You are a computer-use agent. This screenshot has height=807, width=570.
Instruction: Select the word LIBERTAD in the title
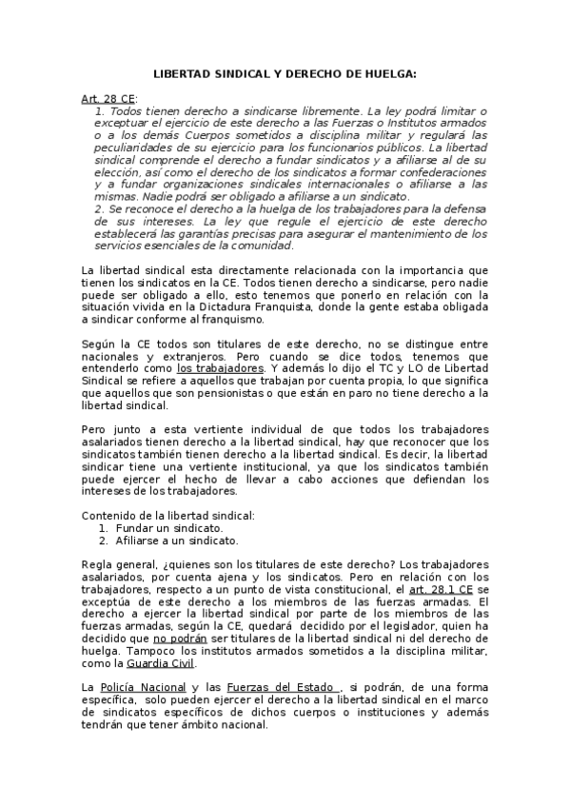tap(185, 74)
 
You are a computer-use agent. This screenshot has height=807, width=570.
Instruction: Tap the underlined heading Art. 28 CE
tap(108, 99)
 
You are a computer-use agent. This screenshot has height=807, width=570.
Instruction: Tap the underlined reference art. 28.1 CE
tap(443, 589)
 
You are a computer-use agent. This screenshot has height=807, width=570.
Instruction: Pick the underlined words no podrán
tap(179, 639)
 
